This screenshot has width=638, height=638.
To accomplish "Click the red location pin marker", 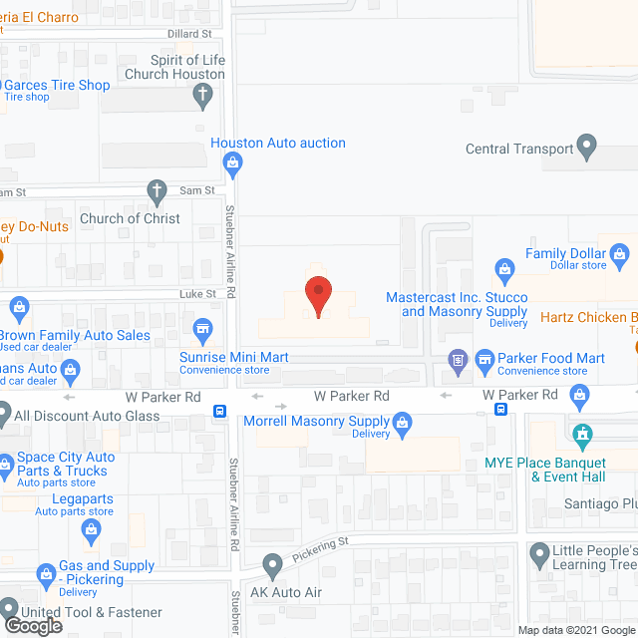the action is point(318,294).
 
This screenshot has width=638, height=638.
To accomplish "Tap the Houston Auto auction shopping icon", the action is point(233,161).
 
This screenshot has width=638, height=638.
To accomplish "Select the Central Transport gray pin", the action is point(587,150).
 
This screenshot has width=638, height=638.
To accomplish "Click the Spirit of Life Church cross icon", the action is point(203,97).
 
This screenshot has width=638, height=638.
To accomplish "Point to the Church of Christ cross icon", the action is point(157,190).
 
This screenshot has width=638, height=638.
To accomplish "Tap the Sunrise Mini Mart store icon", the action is point(203,328).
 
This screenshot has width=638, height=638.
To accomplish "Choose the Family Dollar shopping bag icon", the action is point(620,253).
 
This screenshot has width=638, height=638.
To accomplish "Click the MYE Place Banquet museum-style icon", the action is point(581,435).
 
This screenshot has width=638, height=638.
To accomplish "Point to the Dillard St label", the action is point(194,33).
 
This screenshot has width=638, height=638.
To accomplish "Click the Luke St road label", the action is point(197,294).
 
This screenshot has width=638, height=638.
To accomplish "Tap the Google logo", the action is point(31,625).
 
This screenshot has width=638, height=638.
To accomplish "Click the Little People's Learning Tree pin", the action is point(539,551).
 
